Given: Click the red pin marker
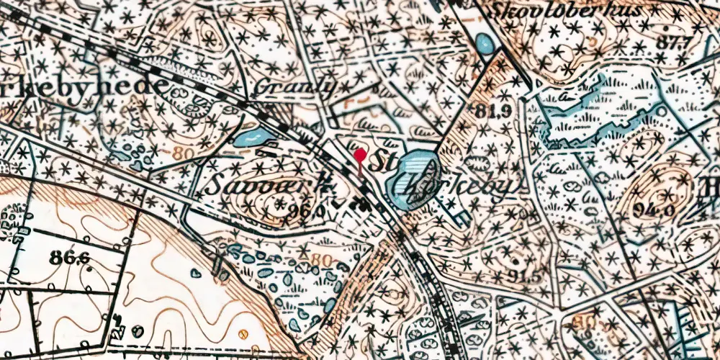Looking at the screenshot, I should coord(360,156).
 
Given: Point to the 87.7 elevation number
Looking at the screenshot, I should coord(669,42).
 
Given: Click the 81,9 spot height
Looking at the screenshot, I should coord(492,110).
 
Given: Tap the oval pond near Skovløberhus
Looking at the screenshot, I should coord(486,45).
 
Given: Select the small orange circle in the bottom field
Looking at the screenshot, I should coord(243,333).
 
